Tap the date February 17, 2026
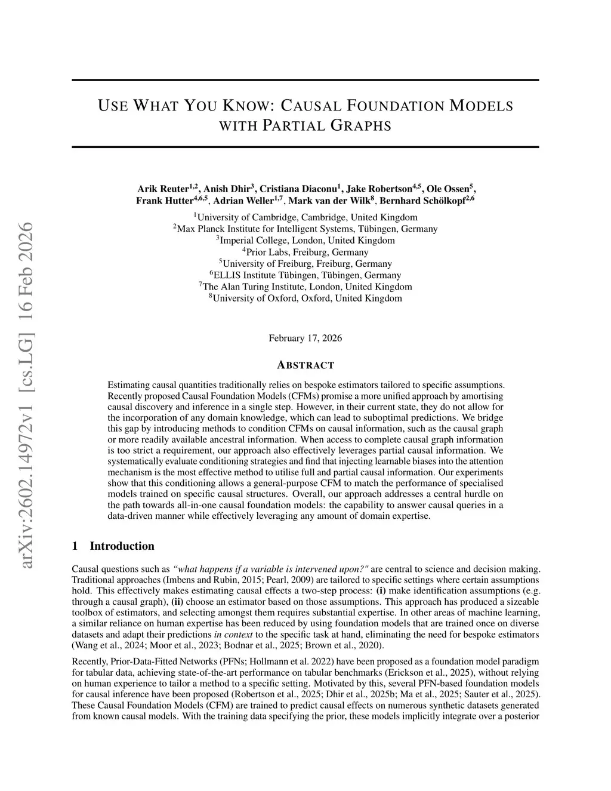(305, 338)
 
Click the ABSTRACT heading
(305, 365)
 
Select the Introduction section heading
(122, 546)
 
